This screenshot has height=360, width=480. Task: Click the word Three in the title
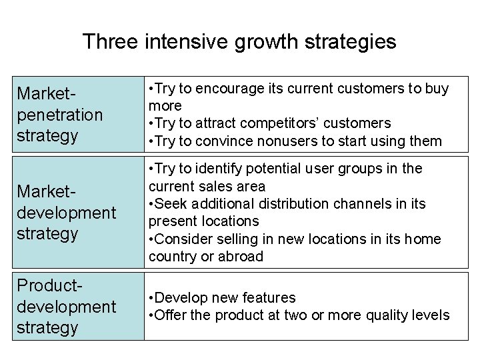tap(109, 43)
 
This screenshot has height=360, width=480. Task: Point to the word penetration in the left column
tap(60, 114)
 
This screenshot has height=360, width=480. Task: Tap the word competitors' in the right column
tap(289, 123)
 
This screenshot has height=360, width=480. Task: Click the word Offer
tap(171, 315)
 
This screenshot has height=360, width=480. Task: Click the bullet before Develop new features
tap(152, 297)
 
